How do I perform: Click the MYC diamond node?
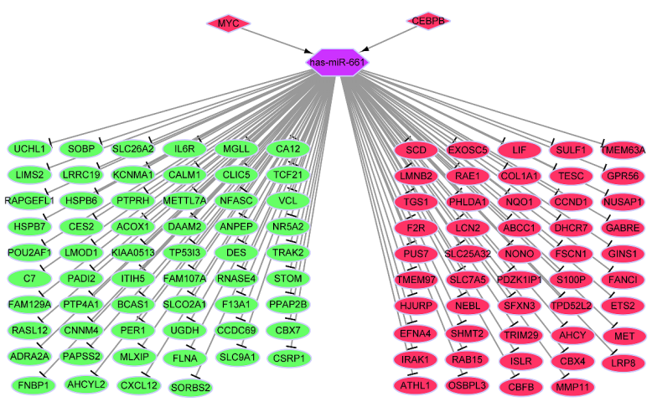pos(228,23)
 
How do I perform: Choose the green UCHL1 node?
pos(30,149)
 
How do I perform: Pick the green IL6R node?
pos(184,149)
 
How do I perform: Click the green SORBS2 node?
pos(190,387)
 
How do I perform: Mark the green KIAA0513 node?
pos(132,252)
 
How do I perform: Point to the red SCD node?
pos(417,150)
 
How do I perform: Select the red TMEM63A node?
pos(623,150)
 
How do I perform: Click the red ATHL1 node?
pos(417,385)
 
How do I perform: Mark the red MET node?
pos(624,336)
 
